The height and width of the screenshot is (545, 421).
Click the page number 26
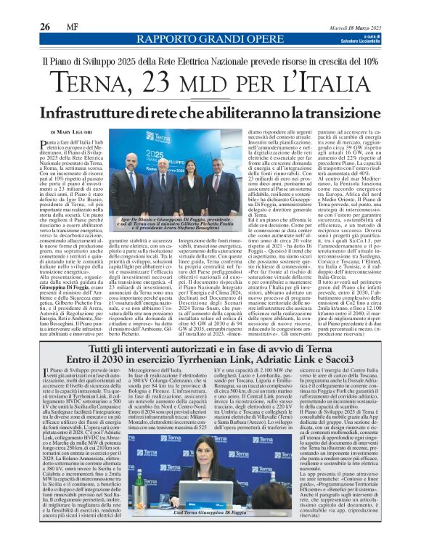(x=44, y=26)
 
